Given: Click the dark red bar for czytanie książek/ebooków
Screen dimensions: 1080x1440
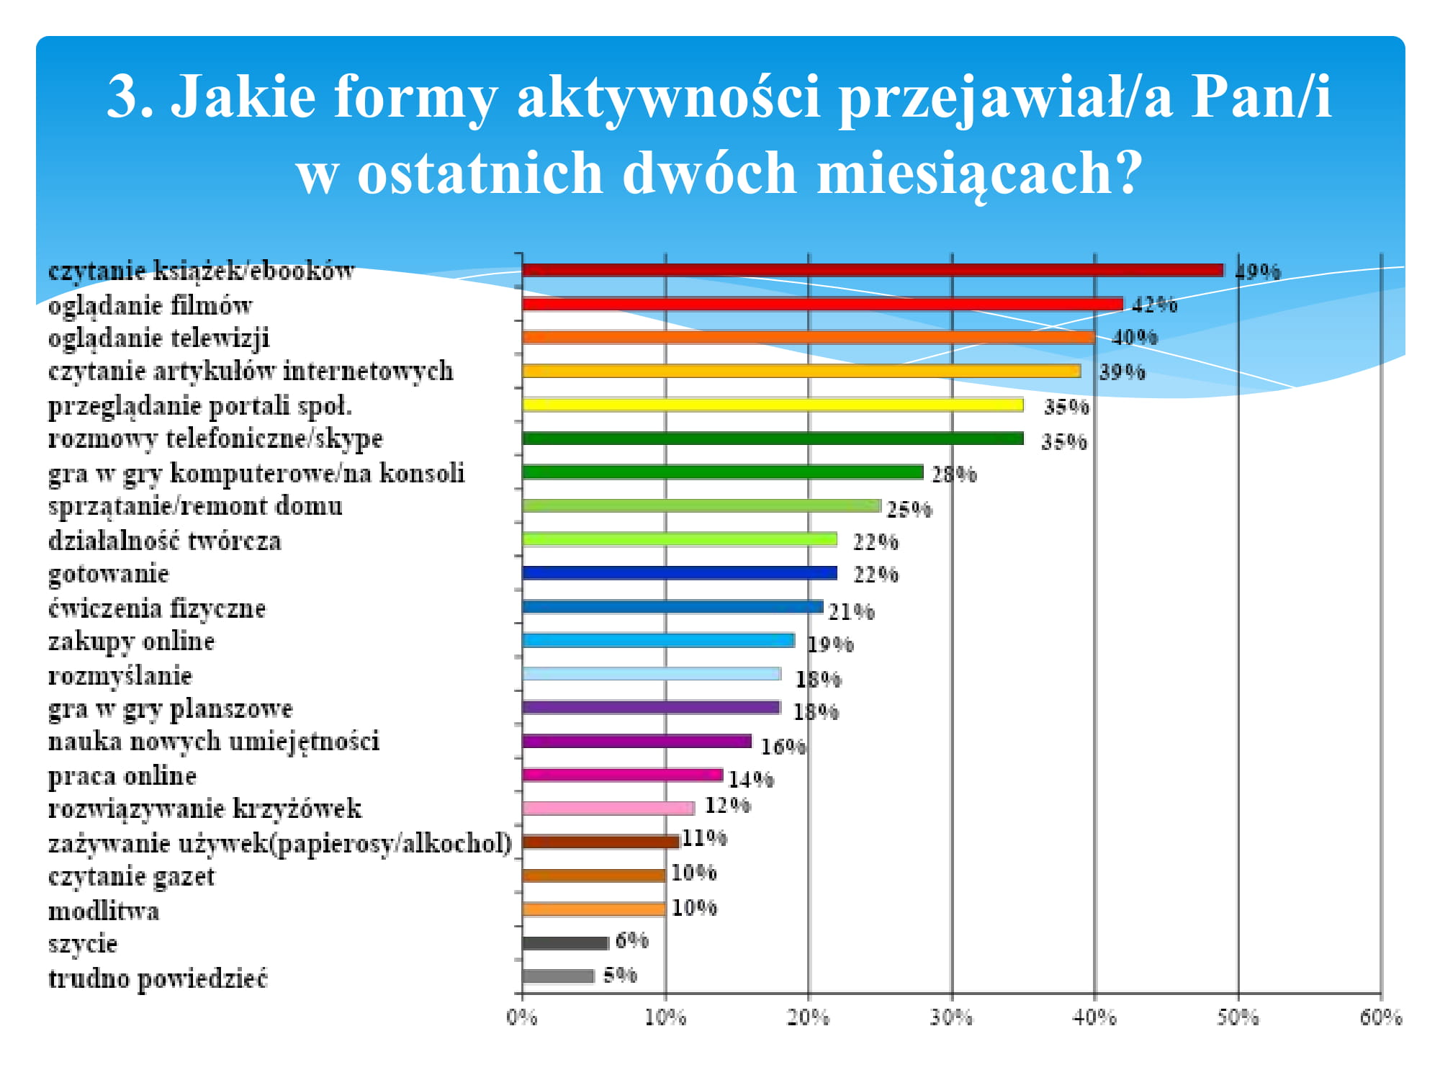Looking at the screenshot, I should point(873,270).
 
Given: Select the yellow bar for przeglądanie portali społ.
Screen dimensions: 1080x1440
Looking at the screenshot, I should point(773,405).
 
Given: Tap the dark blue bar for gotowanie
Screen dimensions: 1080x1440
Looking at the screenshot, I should point(680,573).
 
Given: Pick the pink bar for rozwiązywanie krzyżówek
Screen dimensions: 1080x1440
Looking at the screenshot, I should point(608,808).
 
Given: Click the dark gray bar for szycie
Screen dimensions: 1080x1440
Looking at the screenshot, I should point(565,942).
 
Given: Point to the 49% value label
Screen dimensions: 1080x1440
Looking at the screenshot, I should point(1259,271).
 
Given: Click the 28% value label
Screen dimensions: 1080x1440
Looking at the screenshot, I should point(954,474).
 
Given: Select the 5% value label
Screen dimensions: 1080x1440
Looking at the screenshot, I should point(620,976).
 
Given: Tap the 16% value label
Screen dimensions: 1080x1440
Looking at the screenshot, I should point(783,747).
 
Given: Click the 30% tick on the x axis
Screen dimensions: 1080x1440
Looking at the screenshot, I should point(951,1017).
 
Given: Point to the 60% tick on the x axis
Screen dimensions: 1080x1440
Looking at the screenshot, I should point(1380,1017).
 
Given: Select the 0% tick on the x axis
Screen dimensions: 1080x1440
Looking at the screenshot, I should point(522,1017).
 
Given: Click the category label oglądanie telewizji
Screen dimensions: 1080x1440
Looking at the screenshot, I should point(159,338).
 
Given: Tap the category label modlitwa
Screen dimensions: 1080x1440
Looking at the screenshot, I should point(104,911).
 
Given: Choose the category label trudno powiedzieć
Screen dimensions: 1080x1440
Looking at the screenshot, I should point(158,978).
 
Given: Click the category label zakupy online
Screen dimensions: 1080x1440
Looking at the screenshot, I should point(131,642).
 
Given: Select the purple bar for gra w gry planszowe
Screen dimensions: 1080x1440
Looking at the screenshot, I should point(651,707).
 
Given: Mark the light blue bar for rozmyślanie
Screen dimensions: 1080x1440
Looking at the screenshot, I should point(651,674).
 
